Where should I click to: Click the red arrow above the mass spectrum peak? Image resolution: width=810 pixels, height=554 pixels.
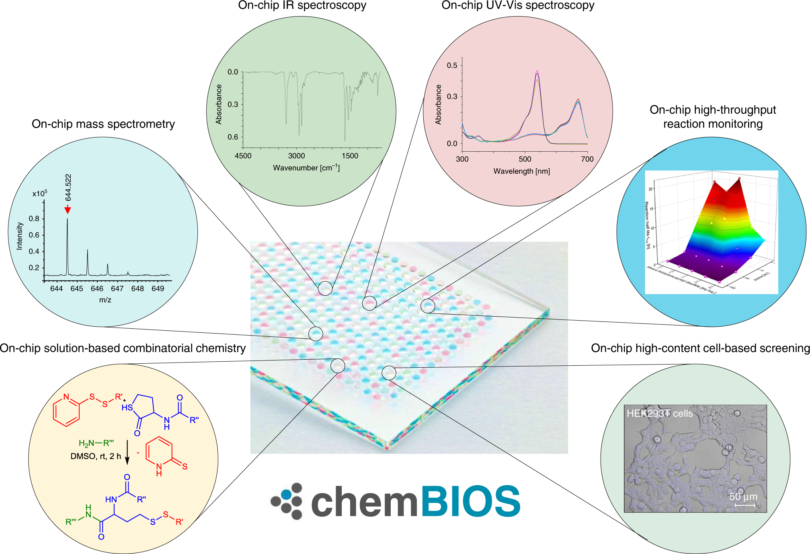point(68,209)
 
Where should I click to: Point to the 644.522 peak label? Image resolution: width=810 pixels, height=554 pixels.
point(68,187)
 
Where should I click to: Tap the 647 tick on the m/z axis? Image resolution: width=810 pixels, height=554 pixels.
point(117,288)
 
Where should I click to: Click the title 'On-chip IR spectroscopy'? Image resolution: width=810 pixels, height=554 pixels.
point(302,5)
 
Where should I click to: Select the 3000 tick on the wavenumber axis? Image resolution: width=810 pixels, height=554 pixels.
point(296,156)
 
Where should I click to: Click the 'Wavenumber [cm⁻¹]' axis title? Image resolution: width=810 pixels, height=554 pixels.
point(306,168)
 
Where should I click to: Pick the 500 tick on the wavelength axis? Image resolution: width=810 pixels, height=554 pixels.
point(525,159)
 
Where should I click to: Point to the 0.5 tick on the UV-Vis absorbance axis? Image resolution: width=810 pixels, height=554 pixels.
point(452,65)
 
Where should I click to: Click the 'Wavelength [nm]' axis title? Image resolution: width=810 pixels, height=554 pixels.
point(521,171)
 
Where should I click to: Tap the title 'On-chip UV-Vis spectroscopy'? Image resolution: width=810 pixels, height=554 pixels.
point(518,5)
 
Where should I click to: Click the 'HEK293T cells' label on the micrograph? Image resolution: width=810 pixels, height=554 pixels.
point(659,414)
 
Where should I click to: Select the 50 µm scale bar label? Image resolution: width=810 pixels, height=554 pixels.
point(743,497)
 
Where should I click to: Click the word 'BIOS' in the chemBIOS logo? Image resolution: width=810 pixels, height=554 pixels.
point(470,501)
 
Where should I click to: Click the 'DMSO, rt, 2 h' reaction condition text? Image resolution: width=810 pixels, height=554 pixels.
point(96,456)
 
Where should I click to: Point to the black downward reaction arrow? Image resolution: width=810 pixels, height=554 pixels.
point(127,452)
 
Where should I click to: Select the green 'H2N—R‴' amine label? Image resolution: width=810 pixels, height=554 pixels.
point(96,443)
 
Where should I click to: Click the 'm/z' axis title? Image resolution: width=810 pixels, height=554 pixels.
point(105,300)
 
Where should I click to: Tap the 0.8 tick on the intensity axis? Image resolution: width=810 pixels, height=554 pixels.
point(34,219)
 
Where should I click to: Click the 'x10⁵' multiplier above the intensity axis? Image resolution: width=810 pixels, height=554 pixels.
point(39,194)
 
